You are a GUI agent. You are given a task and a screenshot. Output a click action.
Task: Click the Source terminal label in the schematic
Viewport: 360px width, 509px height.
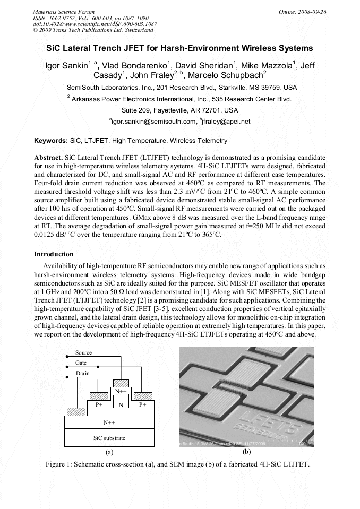pos(83,352)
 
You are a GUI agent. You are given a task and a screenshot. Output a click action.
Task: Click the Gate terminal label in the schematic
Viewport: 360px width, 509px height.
pos(81,363)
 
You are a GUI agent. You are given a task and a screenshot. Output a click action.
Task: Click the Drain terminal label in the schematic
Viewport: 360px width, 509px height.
pos(82,373)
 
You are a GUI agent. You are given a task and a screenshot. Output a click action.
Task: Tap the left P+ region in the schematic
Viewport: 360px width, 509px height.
pos(99,404)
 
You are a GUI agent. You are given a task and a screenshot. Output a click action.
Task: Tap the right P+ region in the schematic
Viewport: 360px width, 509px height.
pos(142,404)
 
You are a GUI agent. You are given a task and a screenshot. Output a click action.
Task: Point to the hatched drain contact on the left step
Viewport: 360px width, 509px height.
pos(76,411)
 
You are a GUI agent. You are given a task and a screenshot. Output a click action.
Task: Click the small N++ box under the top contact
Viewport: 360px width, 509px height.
pos(121,391)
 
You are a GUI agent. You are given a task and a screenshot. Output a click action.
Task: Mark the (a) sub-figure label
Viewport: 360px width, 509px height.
pos(109,452)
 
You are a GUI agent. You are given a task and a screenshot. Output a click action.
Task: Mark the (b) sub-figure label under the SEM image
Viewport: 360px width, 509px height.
pos(246,452)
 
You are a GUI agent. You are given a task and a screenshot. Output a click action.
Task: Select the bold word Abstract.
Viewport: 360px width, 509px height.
pos(48,158)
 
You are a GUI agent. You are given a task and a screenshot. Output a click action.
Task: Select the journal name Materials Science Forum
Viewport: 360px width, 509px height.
pos(64,11)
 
